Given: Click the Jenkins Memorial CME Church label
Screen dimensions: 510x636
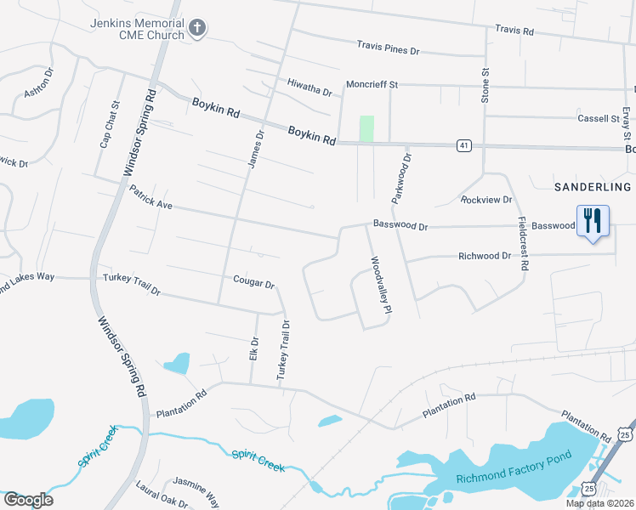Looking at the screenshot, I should pyautogui.click(x=137, y=29).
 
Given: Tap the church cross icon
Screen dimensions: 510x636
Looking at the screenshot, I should pyautogui.click(x=197, y=29).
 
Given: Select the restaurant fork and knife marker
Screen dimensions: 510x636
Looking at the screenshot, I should pyautogui.click(x=593, y=221).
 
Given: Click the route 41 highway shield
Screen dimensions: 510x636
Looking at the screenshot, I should pyautogui.click(x=463, y=145).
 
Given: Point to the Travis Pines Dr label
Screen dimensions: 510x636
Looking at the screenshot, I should pyautogui.click(x=389, y=47).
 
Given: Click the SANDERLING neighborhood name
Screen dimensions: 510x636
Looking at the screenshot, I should pyautogui.click(x=593, y=186).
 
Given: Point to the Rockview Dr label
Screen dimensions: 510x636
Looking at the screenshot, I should pyautogui.click(x=486, y=200).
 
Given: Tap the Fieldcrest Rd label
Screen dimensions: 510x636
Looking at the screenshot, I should pyautogui.click(x=524, y=243).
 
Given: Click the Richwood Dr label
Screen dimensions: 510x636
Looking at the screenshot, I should pyautogui.click(x=484, y=256).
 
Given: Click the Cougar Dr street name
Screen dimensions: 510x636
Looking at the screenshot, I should pyautogui.click(x=253, y=282).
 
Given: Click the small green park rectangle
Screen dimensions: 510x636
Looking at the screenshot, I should pyautogui.click(x=366, y=128).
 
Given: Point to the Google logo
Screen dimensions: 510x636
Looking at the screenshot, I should pyautogui.click(x=28, y=500).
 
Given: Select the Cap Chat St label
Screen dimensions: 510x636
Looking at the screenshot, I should pyautogui.click(x=110, y=126).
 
